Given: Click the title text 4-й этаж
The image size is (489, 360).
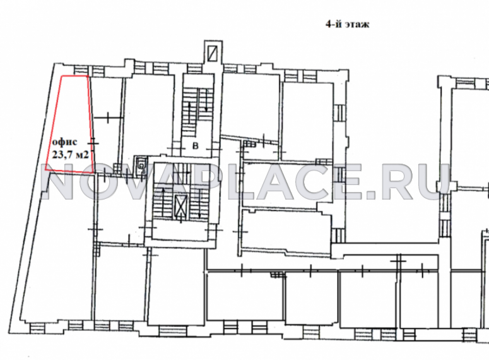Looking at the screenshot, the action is click(x=348, y=24).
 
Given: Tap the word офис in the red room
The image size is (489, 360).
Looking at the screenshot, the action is click(x=64, y=142).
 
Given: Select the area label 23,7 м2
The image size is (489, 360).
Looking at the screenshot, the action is click(x=71, y=154).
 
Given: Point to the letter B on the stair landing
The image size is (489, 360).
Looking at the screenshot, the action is click(x=196, y=146).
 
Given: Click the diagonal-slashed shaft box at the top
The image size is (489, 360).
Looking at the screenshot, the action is click(x=213, y=53).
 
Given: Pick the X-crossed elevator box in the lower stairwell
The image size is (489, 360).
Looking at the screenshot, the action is click(x=181, y=205).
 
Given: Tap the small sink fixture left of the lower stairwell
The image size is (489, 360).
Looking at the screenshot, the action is click(x=141, y=164).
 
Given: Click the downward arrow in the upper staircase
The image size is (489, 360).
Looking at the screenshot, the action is click(x=206, y=100).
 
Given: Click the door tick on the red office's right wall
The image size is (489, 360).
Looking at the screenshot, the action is click(x=93, y=143).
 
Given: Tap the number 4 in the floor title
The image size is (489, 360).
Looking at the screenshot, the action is click(x=328, y=24).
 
